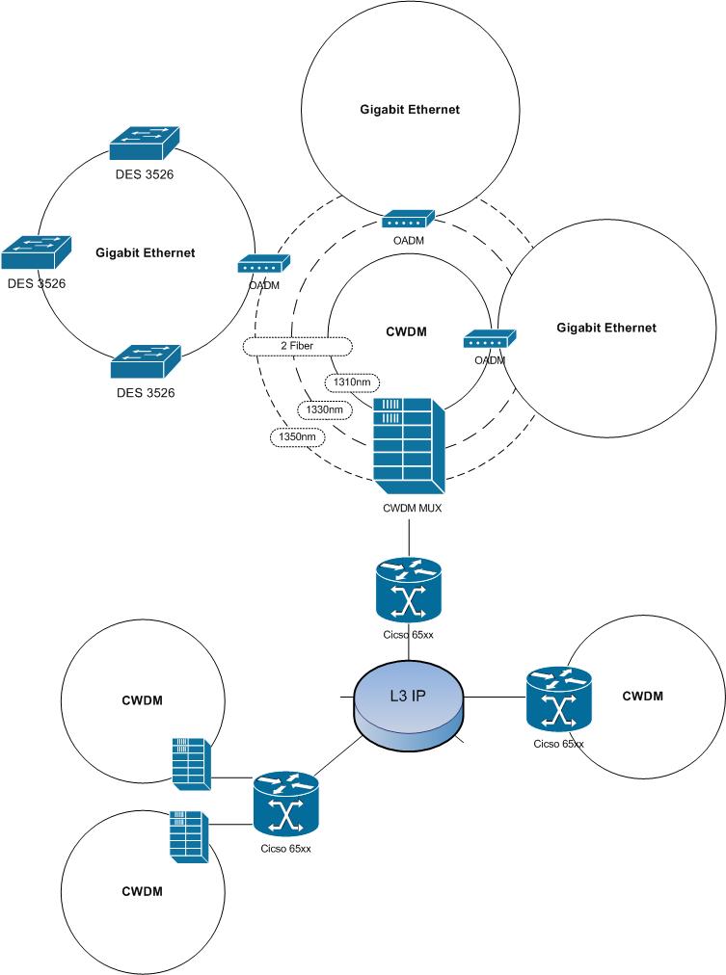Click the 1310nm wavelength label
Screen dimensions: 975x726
tap(352, 382)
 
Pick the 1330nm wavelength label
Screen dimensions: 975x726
tap(324, 409)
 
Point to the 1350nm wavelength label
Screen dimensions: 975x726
tap(297, 436)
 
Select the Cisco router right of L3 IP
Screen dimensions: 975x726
tap(559, 699)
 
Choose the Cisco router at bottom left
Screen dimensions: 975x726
tap(285, 804)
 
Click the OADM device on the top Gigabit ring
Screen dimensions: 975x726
tap(409, 222)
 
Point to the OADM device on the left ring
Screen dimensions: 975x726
tap(263, 266)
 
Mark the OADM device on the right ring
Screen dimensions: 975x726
tap(490, 339)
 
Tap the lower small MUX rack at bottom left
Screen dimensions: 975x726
tap(188, 833)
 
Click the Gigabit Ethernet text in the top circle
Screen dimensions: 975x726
tap(410, 110)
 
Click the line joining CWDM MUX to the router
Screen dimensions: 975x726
tap(409, 536)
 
